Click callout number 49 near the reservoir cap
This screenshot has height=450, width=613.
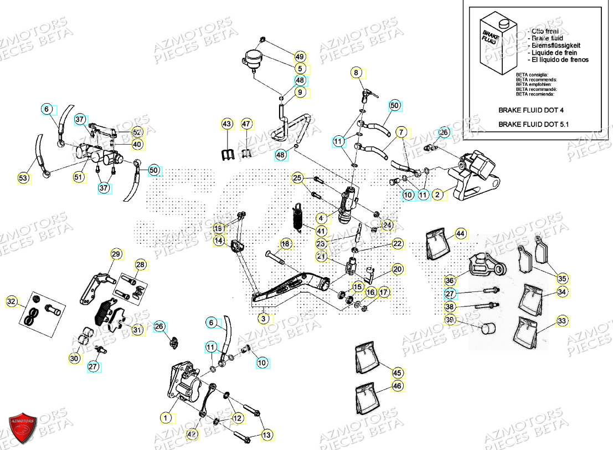click(x=300, y=57)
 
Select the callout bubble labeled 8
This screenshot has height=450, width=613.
click(x=357, y=73)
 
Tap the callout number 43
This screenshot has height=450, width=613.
click(x=227, y=124)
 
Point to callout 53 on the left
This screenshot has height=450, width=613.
click(x=23, y=178)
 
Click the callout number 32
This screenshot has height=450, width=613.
click(x=12, y=301)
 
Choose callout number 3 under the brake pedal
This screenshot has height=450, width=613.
click(x=264, y=319)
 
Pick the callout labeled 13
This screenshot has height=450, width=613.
click(x=266, y=435)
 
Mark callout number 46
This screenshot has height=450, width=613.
click(x=397, y=386)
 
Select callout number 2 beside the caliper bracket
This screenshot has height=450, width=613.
click(x=437, y=195)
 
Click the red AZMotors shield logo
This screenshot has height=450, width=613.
click(x=23, y=427)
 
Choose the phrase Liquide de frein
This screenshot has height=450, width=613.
click(x=552, y=52)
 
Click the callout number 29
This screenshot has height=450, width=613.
click(x=115, y=254)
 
